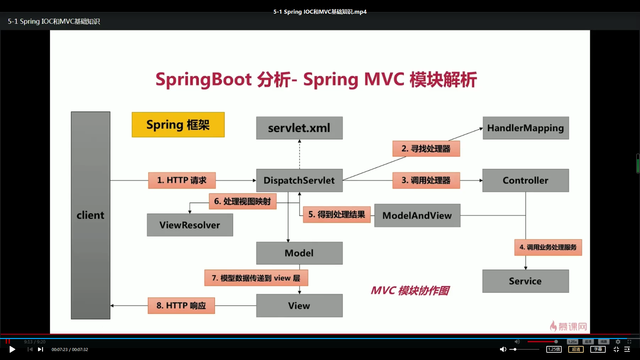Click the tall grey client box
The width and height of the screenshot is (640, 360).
coord(90,215)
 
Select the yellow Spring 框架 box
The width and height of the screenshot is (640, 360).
coord(178,125)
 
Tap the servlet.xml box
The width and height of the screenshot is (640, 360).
coord(299,128)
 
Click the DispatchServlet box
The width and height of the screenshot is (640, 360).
coord(299,180)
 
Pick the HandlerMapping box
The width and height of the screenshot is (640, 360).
coord(525,128)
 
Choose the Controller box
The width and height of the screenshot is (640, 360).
coord(525,180)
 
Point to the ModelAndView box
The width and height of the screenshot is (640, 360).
coord(417,216)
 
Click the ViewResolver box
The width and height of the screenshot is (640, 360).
coord(190,225)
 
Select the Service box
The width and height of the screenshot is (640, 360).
coord(525,281)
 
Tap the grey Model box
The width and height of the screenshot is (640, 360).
coord(299,253)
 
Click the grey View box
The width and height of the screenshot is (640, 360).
coord(299,306)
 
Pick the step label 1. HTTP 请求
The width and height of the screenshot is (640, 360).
coord(182,180)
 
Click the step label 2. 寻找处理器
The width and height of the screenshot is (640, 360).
coord(426,149)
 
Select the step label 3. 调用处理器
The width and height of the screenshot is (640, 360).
coord(426,180)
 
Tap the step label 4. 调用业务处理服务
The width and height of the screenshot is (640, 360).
coord(548,247)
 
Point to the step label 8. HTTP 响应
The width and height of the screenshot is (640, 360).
coord(181,306)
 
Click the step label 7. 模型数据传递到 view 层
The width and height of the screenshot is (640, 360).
coord(256,278)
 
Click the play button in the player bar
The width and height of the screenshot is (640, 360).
coord(12,349)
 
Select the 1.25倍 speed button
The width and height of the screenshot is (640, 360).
coord(554,349)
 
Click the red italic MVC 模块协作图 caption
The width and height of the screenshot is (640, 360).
coord(410,291)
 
